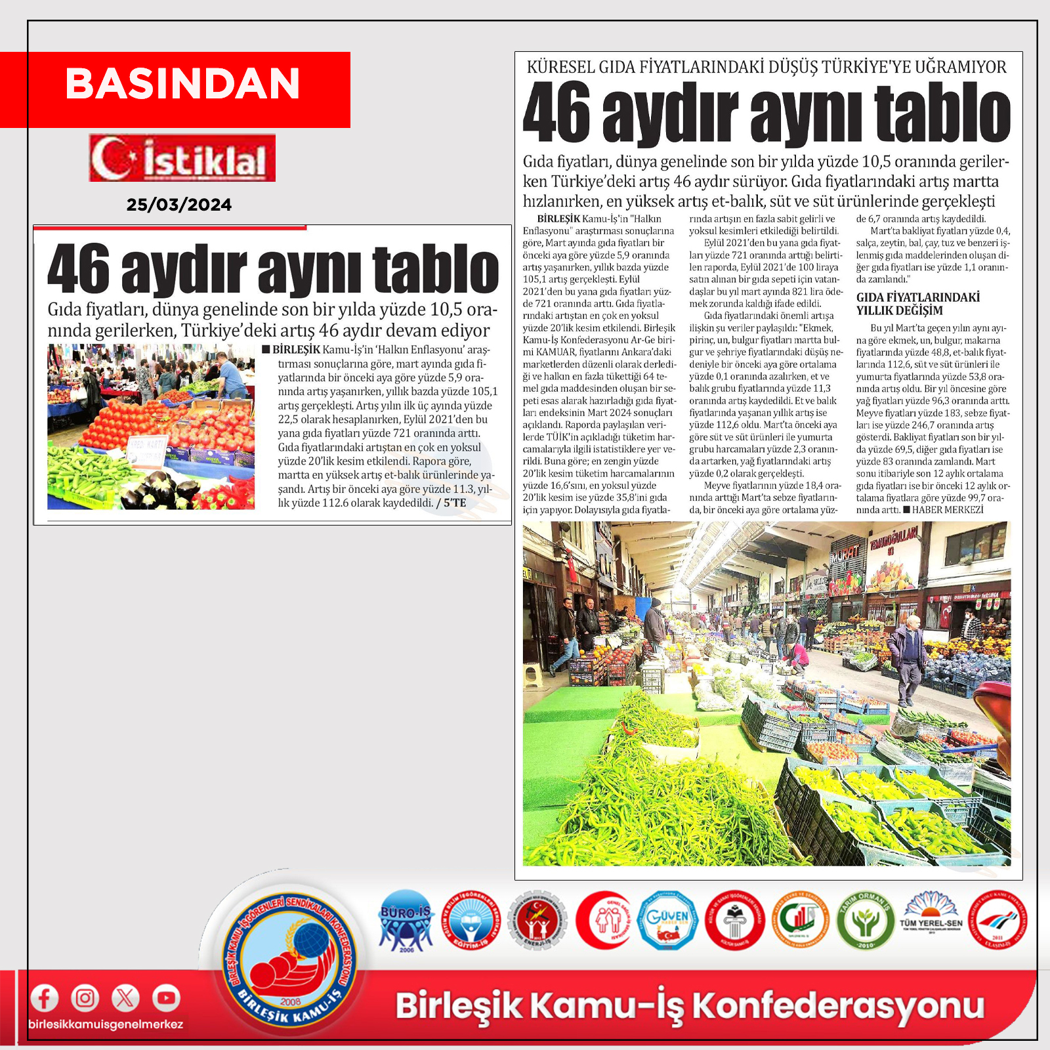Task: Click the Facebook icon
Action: [44, 998]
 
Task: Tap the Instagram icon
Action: [85, 998]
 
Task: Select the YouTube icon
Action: [166, 998]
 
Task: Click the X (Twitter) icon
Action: [125, 998]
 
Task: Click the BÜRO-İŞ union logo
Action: [406, 920]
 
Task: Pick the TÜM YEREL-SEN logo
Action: [931, 917]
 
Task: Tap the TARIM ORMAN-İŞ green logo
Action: [866, 920]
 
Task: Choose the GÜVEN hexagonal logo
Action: [667, 920]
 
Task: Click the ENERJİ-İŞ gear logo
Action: [537, 920]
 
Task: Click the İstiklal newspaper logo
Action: [182, 158]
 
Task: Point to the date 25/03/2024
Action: [179, 205]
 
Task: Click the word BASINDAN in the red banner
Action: [182, 84]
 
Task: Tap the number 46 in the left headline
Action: [78, 269]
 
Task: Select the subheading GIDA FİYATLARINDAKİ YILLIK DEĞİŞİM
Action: [917, 304]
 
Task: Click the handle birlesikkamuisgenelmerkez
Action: [106, 1024]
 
